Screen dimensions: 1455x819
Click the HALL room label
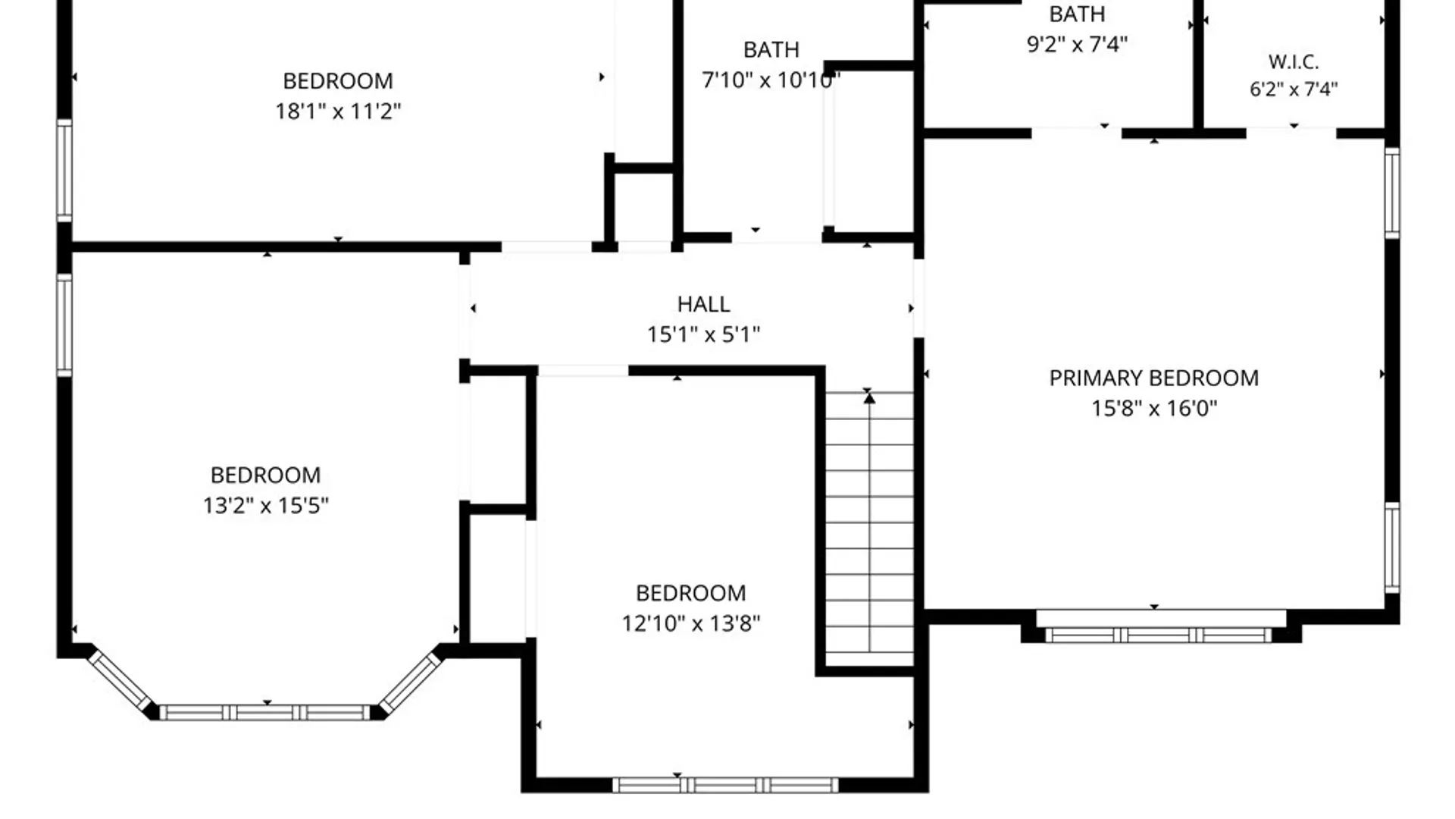703,304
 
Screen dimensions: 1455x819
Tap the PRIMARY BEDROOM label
1153,378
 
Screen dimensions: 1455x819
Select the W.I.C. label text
1294,61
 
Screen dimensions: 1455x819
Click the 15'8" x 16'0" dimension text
1153,408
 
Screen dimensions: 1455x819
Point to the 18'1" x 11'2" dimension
338,111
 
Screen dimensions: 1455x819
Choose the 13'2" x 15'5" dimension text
265,505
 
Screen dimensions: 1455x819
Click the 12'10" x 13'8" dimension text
690,623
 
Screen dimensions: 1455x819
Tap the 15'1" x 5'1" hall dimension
703,334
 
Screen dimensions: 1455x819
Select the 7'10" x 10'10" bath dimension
771,80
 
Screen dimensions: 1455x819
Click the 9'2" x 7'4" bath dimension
1077,44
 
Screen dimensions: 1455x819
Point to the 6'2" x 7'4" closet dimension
1294,89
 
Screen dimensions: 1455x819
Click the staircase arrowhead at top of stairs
869,398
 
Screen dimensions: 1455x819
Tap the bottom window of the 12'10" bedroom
725,785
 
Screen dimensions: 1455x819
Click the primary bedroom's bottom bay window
1158,635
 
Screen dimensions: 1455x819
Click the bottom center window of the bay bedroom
265,713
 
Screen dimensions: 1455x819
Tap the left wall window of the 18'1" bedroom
65,171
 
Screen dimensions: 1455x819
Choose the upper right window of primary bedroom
1392,193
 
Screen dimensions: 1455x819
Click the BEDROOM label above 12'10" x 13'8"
690,592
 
